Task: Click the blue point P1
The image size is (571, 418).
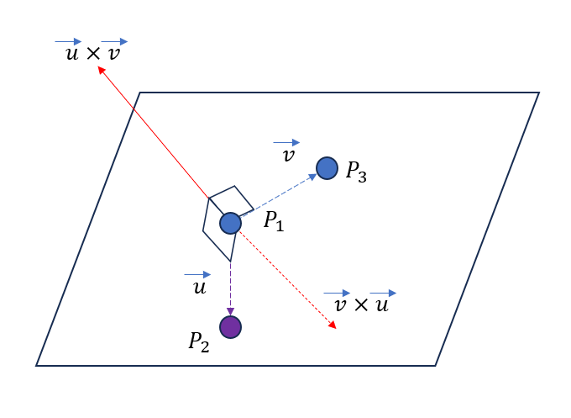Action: point(230,223)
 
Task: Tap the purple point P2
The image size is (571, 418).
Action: point(230,326)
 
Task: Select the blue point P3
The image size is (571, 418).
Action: point(327,168)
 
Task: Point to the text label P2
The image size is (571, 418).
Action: point(199,341)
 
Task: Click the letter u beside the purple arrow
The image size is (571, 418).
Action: point(198,288)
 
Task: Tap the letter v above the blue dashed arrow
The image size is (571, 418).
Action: point(288,156)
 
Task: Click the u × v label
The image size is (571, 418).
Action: point(92,54)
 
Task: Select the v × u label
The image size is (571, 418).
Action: point(361,304)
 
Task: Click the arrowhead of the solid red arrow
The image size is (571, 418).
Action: point(101,71)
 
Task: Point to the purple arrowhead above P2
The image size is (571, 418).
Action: point(230,311)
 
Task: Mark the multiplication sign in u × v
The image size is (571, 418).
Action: point(92,55)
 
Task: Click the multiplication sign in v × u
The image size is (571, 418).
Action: point(361,305)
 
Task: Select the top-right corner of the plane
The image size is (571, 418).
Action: point(538,93)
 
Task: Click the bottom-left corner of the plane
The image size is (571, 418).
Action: point(37,365)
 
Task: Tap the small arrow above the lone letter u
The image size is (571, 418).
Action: point(197,274)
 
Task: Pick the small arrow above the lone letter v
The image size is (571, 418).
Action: point(286,143)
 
